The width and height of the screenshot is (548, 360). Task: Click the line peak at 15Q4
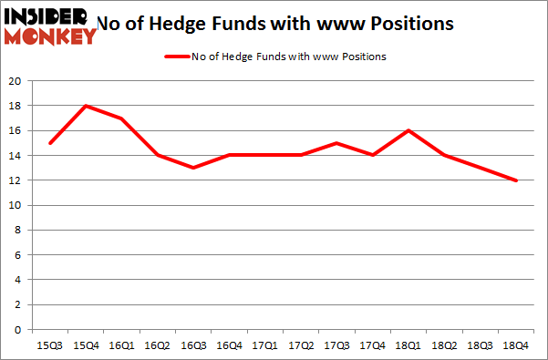coord(86,106)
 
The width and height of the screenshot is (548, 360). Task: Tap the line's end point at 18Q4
coord(516,180)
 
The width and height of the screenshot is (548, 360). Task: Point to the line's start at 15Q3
coord(50,143)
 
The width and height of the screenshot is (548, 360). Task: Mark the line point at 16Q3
coord(193,168)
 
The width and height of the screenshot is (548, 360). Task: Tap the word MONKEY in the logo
coord(50,36)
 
